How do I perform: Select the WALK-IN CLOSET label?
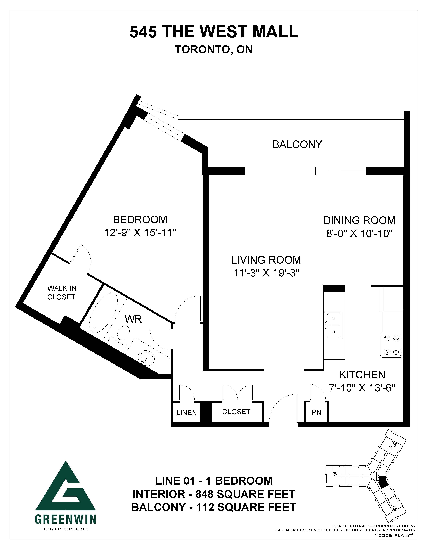pyautogui.click(x=62, y=292)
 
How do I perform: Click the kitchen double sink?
pyautogui.click(x=334, y=325)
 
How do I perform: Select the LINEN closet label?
pyautogui.click(x=187, y=413)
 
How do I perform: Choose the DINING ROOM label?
pyautogui.click(x=359, y=220)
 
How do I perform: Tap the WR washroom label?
pyautogui.click(x=133, y=319)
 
